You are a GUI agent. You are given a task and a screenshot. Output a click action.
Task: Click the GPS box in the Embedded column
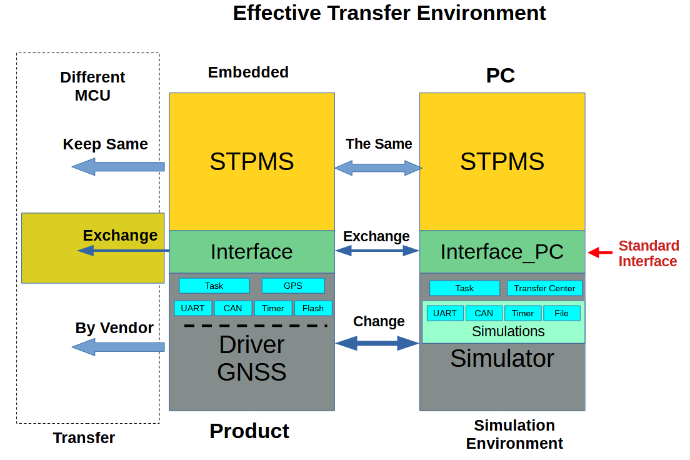293,286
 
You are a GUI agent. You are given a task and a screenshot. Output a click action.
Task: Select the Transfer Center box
544,288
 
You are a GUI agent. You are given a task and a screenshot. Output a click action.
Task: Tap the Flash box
313,308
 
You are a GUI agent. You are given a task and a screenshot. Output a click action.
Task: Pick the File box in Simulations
562,313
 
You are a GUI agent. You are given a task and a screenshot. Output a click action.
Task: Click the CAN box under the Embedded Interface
233,308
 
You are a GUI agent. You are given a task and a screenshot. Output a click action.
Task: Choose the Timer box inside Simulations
522,313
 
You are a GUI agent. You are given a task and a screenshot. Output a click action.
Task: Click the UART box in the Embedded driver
192,308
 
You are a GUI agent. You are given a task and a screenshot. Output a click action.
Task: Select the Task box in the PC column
464,288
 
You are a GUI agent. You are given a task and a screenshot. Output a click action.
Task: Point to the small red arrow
600,252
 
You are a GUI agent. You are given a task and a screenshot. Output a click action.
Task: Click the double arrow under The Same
378,167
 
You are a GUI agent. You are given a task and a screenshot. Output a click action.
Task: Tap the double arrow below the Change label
377,342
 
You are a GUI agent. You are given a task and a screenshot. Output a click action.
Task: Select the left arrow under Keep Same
118,167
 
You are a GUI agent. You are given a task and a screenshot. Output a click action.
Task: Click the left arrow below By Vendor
118,347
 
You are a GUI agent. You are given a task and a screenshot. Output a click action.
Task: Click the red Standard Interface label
648,253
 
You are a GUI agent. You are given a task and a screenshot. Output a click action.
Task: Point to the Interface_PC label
502,251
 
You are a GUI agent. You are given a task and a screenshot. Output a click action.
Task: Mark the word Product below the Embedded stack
249,431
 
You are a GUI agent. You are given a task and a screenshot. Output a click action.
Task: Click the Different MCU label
92,86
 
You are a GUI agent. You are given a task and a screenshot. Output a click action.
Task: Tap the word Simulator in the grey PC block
502,358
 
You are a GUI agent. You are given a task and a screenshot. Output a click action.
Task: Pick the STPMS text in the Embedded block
252,162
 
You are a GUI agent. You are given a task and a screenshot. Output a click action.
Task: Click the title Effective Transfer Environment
389,12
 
